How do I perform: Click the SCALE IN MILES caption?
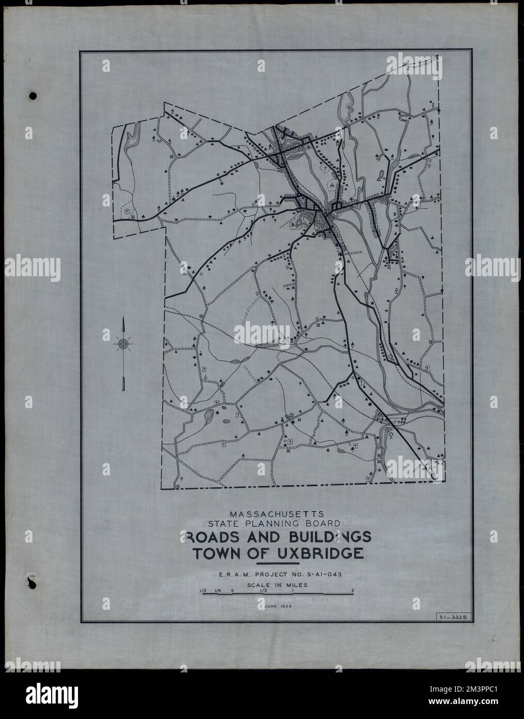(278, 586)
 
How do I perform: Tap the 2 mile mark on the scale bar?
(352, 590)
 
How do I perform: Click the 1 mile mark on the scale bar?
(292, 590)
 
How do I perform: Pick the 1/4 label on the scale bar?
(219, 590)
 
